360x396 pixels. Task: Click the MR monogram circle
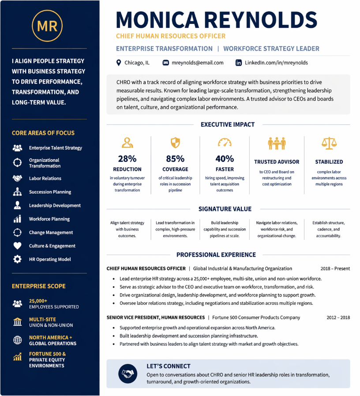click(47, 26)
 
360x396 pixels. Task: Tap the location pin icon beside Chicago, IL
click(119, 63)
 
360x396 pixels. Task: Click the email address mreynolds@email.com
click(198, 63)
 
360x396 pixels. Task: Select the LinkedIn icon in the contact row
click(239, 63)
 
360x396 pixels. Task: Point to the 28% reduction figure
click(127, 159)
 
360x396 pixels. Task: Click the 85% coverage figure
click(175, 159)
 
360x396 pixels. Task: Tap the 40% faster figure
click(225, 159)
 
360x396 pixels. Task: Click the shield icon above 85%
click(175, 142)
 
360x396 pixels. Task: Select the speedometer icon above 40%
click(225, 142)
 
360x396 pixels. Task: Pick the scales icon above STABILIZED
click(329, 142)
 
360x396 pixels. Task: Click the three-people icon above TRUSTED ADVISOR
click(277, 143)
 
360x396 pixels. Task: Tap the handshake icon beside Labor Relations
click(17, 179)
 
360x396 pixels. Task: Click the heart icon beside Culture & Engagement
click(17, 246)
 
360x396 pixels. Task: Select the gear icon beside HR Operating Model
click(17, 259)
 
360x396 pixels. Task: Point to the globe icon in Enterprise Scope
click(17, 340)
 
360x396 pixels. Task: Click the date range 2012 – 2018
click(338, 318)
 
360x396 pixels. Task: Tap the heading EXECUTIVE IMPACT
click(228, 125)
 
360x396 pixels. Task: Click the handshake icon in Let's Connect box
click(128, 374)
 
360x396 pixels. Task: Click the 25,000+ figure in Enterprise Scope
click(38, 300)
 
